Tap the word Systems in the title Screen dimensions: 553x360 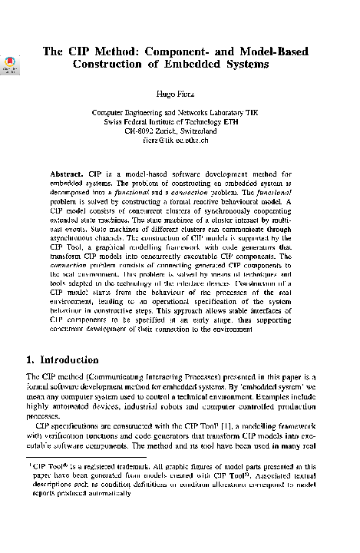pos(244,65)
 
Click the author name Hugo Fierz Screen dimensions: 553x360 pos(180,93)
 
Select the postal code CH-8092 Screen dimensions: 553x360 pos(141,131)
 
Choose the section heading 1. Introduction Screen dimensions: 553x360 pos(62,359)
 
